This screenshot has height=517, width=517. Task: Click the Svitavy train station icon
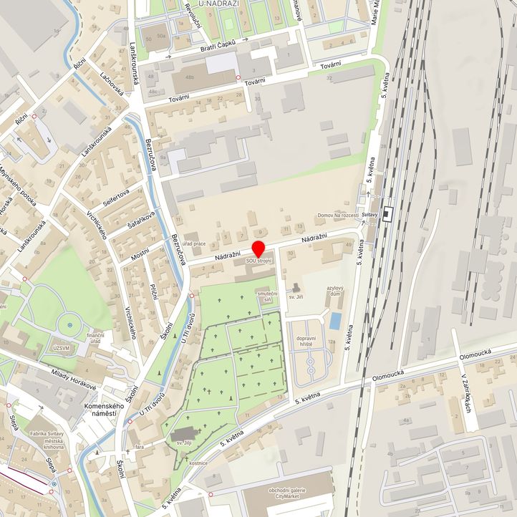tap(388, 213)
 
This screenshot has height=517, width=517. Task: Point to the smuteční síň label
tap(268, 298)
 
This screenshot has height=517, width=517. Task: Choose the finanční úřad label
tap(96, 339)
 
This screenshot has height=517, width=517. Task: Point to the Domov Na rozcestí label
tap(337, 216)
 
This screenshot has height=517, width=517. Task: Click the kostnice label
tap(198, 463)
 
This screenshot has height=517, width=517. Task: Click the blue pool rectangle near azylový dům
tap(335, 322)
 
